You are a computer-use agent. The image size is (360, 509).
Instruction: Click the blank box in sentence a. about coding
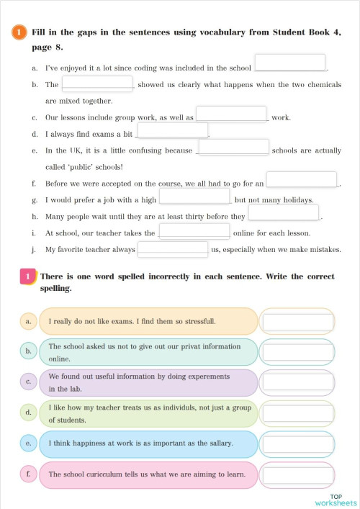coord(289,63)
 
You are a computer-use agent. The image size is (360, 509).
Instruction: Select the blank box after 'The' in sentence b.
coord(97,84)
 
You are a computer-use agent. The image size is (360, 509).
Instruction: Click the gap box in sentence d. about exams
coord(172,131)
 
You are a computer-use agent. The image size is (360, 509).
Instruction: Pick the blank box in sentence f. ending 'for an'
coord(302,179)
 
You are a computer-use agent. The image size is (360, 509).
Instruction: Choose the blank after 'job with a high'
coord(194,196)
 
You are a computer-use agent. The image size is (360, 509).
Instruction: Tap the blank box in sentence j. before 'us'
coord(173,249)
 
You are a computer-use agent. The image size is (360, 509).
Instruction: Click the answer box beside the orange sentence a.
coord(297,321)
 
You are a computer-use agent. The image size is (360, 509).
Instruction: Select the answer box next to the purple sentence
coord(297,383)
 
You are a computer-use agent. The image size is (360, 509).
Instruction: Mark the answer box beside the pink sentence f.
coord(297,475)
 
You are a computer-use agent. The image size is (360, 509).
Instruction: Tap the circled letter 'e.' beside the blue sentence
coord(28,443)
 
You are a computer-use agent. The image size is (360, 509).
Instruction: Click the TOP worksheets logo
coord(336,500)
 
